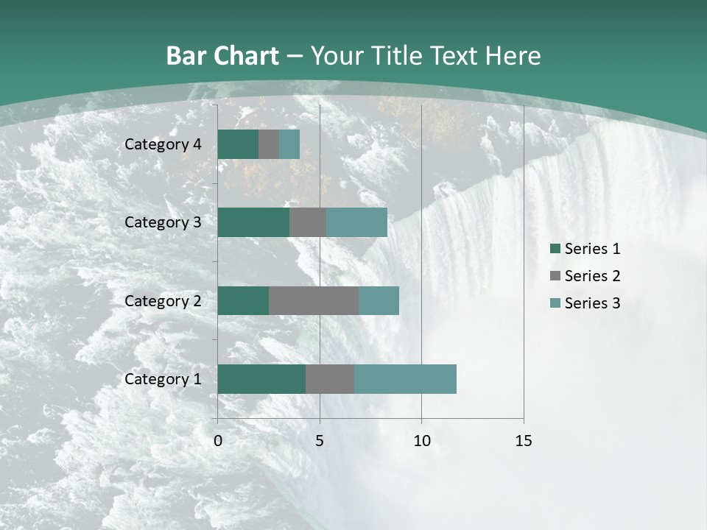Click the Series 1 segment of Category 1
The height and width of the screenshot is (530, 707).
point(261,379)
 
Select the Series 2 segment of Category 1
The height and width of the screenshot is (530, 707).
point(330,379)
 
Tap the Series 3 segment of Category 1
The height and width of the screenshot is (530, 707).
point(405,379)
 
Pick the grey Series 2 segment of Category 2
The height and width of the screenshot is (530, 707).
point(314,300)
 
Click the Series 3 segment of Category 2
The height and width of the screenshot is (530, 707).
point(379,300)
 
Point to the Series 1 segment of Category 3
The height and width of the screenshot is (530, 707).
point(253,222)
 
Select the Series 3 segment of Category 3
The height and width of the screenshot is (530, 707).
point(356,222)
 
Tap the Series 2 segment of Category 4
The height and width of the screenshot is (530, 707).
point(269,144)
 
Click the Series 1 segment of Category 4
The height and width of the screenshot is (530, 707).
point(238,144)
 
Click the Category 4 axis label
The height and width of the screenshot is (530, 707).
point(163,144)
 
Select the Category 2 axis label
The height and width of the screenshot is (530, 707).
point(163,300)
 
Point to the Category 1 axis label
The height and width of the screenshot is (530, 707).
point(163,379)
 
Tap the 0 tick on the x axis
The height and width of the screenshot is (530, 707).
point(218,441)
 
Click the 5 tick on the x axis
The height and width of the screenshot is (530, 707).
point(320,441)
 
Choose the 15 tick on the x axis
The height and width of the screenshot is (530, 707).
point(523,441)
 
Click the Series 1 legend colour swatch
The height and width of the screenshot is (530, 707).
point(555,249)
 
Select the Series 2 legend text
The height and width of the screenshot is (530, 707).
point(592,276)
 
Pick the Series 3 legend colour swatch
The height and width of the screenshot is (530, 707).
point(555,303)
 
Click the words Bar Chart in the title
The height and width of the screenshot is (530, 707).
point(222,56)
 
